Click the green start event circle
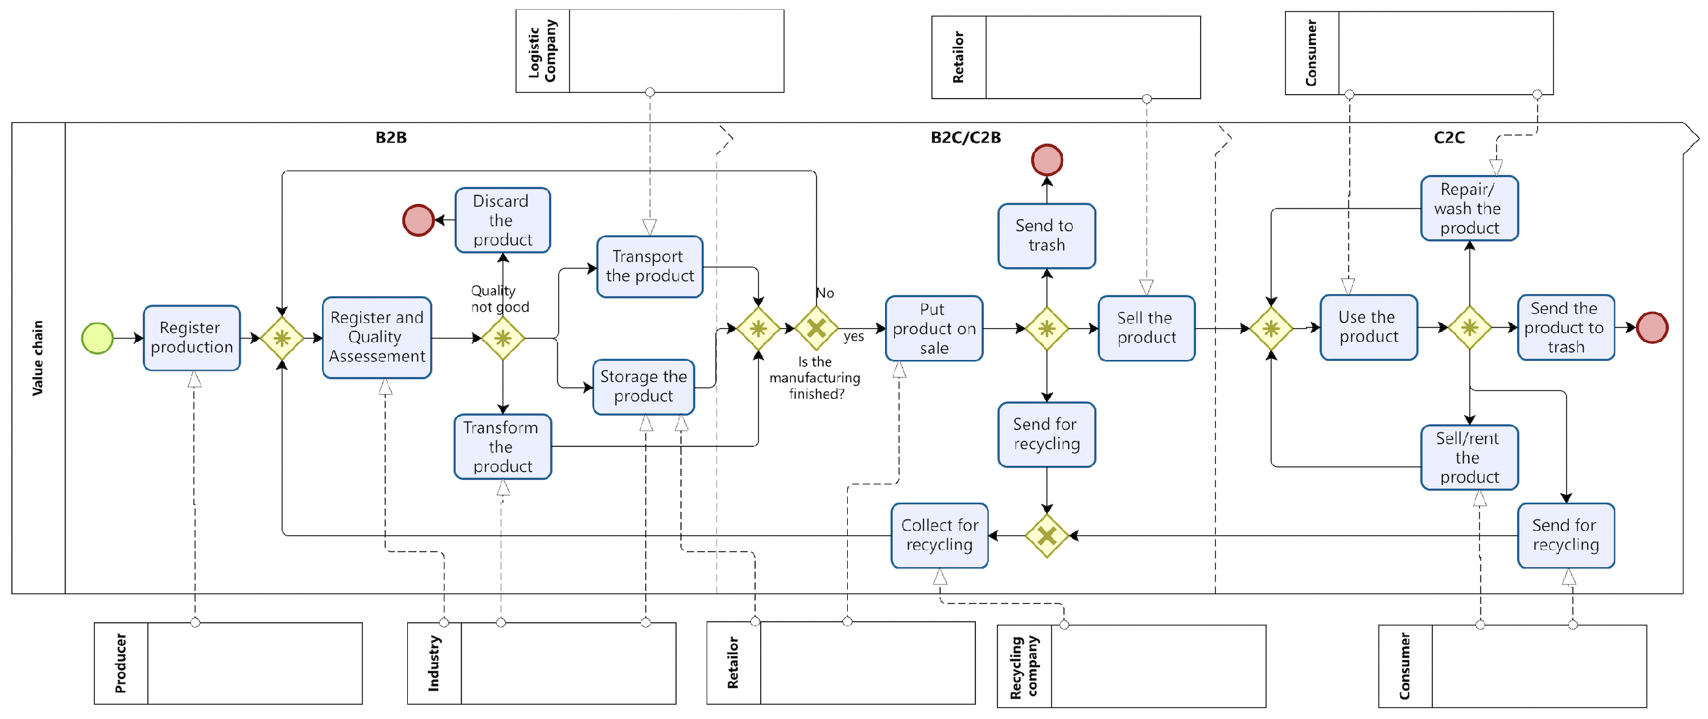97,339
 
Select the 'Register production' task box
192,338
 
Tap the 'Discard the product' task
503,220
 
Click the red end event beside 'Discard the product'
418,220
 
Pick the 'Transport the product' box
650,267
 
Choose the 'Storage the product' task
643,387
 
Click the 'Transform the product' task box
503,447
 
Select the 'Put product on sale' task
933,328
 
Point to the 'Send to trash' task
1047,236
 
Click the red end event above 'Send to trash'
1047,160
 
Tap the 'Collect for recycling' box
939,535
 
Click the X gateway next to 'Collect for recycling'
1047,535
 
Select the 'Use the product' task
1369,327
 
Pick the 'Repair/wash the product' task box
1469,209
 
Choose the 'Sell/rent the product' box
1469,458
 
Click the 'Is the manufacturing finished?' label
815,378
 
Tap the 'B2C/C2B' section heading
965,137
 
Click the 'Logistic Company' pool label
543,51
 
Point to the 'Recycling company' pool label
1024,667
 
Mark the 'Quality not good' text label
499,299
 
